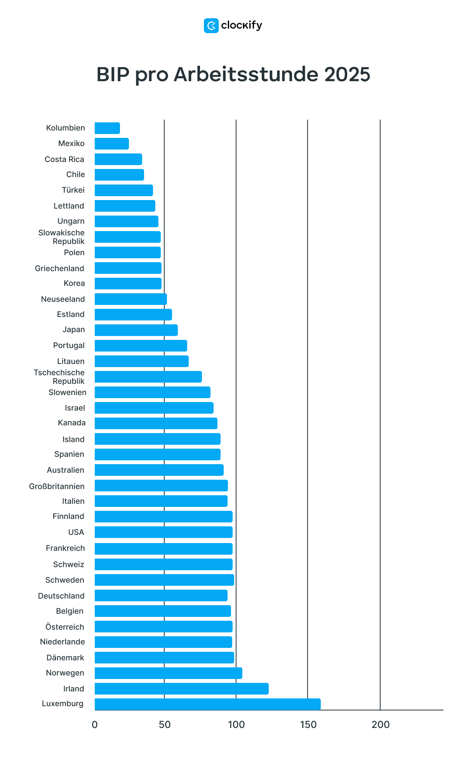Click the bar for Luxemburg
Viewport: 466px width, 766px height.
pos(207,704)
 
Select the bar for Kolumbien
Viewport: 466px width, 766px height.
pos(107,128)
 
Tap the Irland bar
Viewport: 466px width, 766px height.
pos(181,689)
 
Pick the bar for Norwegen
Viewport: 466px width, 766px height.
pos(168,673)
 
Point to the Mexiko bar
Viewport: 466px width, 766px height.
pos(112,144)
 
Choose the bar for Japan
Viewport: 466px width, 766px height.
pos(136,330)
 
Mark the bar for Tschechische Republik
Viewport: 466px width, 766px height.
pos(148,377)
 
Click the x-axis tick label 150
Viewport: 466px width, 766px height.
pos(308,725)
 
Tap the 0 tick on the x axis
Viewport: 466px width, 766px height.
pos(95,725)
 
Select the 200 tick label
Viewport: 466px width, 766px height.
pos(381,725)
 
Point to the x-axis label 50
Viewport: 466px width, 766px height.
pos(165,725)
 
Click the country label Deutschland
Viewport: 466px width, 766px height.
pos(61,596)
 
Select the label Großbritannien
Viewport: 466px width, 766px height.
pos(57,486)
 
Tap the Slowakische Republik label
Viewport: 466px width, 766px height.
pos(61,237)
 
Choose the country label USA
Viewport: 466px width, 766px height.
pos(76,532)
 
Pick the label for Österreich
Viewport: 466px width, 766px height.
pos(64,627)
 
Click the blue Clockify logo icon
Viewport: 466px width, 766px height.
pos(211,26)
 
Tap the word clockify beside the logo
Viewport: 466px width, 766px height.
pos(242,26)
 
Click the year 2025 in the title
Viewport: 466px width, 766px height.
pos(347,74)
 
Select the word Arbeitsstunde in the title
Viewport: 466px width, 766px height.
pos(246,74)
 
